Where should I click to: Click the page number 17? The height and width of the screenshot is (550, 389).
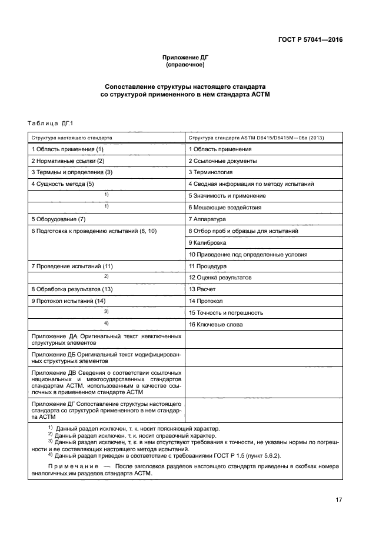(x=339, y=500)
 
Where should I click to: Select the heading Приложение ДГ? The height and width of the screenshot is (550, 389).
(x=185, y=57)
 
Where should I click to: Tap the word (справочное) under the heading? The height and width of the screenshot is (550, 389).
(x=185, y=65)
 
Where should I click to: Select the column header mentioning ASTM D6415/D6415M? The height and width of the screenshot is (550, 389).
(x=256, y=137)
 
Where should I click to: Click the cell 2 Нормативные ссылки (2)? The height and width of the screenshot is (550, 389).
(x=68, y=161)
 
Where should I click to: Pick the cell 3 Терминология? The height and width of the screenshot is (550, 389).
(x=210, y=172)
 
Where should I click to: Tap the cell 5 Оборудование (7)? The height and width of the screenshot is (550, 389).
(x=58, y=219)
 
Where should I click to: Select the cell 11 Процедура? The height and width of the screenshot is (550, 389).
(x=207, y=266)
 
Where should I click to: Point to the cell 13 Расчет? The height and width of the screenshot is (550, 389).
(x=202, y=289)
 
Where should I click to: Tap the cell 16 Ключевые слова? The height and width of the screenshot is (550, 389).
(x=215, y=324)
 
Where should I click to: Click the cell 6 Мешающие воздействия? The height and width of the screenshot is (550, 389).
(x=225, y=207)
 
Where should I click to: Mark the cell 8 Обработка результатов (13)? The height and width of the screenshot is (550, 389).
(x=71, y=289)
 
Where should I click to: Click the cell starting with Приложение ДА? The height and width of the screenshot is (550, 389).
(x=106, y=339)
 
